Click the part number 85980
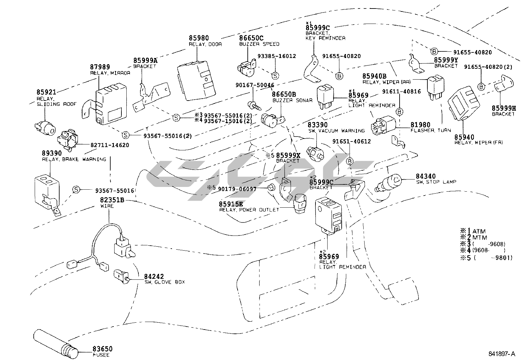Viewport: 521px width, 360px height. [199, 38]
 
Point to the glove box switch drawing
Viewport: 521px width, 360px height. [121, 277]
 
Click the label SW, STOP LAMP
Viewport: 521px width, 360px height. [436, 182]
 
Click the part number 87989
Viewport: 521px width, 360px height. [100, 67]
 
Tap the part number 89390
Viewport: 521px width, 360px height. [52, 153]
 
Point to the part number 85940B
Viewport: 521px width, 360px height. [374, 76]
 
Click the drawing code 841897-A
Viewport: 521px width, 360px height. [502, 354]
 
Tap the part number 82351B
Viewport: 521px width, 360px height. [112, 200]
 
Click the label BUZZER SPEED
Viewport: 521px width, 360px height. [259, 44]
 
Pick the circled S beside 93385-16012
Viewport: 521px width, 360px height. [275, 75]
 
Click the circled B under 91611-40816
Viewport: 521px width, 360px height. [399, 112]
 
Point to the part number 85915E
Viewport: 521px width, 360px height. [231, 204]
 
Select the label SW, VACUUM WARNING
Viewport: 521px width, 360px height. [336, 131]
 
